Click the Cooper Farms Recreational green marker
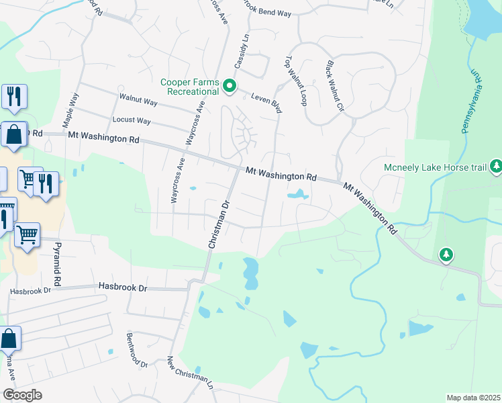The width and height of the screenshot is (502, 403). pyautogui.click(x=230, y=85)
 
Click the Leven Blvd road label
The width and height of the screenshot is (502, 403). pyautogui.click(x=265, y=100)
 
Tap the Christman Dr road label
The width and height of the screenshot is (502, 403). pyautogui.click(x=219, y=224)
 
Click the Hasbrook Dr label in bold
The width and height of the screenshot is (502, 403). pyautogui.click(x=122, y=287)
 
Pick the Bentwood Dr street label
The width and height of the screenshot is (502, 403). pyautogui.click(x=136, y=350)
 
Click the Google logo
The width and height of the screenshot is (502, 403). pyautogui.click(x=22, y=395)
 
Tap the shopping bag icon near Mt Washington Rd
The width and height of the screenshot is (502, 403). pyautogui.click(x=13, y=134)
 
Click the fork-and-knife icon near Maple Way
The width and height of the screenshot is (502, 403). pyautogui.click(x=13, y=97)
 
